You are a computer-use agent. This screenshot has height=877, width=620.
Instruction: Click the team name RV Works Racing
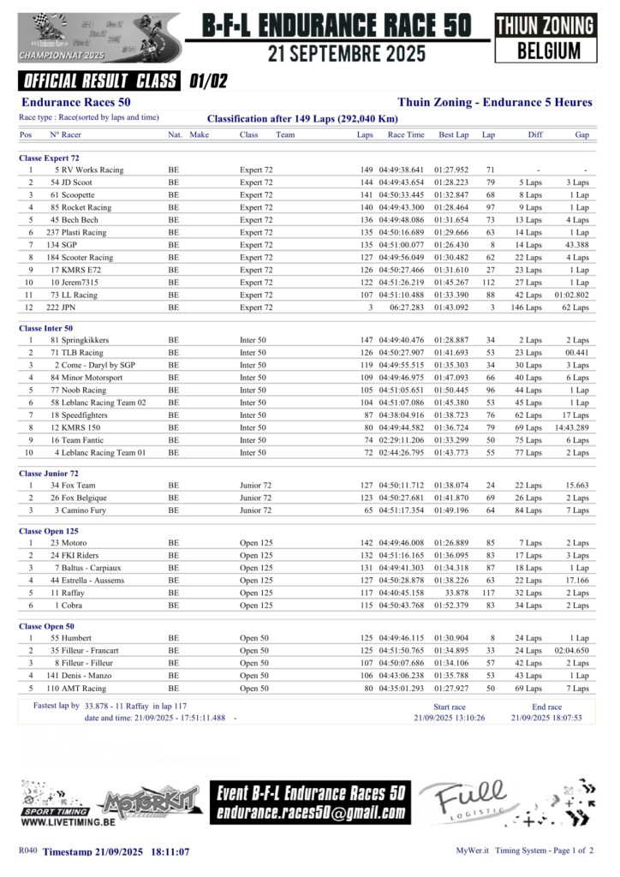(x=89, y=170)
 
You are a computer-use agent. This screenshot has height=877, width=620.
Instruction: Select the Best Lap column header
(x=453, y=134)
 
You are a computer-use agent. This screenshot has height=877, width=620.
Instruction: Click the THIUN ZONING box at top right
(x=545, y=26)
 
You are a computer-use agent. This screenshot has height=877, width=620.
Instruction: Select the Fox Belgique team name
(x=78, y=498)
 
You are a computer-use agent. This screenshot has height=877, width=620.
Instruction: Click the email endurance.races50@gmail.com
(x=310, y=813)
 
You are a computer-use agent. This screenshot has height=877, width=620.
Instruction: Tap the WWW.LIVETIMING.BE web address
(x=68, y=821)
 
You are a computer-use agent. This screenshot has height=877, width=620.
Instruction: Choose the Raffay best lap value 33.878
(x=460, y=592)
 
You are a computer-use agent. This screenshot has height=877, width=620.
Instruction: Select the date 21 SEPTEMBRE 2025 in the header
(x=346, y=54)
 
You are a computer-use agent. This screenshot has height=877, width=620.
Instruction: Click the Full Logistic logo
(x=470, y=802)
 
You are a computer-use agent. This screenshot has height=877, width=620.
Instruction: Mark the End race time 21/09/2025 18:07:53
(x=546, y=718)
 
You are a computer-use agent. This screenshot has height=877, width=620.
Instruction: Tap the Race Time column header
(x=405, y=134)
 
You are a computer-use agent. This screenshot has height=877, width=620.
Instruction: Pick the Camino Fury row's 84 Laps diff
(x=528, y=510)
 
